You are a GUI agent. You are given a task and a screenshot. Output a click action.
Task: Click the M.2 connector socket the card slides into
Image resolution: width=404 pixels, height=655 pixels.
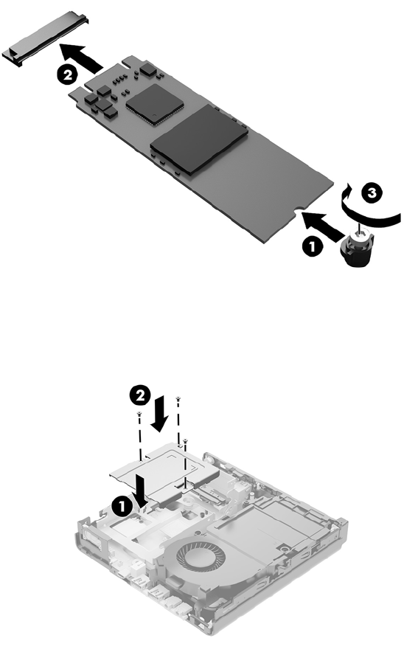pyautogui.click(x=46, y=38)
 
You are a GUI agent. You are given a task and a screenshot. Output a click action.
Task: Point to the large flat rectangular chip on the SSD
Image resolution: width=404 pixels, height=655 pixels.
pyautogui.click(x=199, y=139)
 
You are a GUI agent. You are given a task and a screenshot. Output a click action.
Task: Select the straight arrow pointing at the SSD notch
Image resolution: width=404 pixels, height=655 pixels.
pyautogui.click(x=324, y=226)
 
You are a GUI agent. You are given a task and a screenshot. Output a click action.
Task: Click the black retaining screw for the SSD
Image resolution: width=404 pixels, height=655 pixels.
pyautogui.click(x=358, y=250)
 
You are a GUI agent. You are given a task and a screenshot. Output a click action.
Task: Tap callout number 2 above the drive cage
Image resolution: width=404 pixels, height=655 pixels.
pyautogui.click(x=140, y=395)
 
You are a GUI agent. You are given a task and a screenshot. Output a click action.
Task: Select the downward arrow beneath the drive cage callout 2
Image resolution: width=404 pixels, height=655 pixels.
pyautogui.click(x=159, y=415)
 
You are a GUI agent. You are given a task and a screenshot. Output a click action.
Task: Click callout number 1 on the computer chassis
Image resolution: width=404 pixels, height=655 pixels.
pyautogui.click(x=122, y=507)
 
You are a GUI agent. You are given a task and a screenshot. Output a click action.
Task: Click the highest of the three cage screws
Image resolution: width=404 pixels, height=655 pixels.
pyautogui.click(x=178, y=399)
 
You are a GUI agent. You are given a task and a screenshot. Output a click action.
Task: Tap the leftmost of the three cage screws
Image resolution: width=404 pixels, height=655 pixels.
pyautogui.click(x=139, y=415)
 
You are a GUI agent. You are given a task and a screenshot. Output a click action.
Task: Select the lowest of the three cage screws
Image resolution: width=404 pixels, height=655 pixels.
pyautogui.click(x=185, y=441)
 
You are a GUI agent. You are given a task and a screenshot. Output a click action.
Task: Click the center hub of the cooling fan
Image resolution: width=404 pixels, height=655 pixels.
pyautogui.click(x=201, y=557)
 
